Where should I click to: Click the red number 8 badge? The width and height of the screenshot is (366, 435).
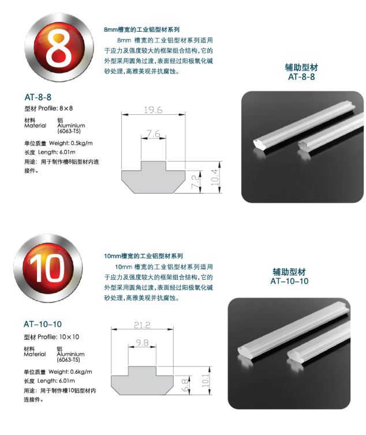coord(59,47)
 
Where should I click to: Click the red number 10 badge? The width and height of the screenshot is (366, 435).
coord(48,268)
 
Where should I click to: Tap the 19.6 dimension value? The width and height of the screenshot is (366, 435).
coord(153,110)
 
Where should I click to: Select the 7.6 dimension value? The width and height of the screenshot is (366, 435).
coord(154,134)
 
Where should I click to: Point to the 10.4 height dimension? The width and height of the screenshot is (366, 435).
coord(215,177)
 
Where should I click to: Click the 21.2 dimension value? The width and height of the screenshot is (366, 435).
coord(142,325)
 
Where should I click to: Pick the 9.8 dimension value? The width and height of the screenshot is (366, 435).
coord(142,343)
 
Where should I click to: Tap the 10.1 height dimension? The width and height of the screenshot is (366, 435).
coord(205,381)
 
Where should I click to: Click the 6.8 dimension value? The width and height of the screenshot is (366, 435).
coord(185,385)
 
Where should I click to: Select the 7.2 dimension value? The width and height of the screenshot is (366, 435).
coord(196,181)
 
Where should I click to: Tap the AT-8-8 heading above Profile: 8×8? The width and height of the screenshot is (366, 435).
coord(38,97)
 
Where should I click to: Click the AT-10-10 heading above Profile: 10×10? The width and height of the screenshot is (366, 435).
coord(43,324)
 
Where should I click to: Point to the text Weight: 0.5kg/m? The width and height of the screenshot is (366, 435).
coord(71,143)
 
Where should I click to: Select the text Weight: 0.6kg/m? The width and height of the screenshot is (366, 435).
coord(70,372)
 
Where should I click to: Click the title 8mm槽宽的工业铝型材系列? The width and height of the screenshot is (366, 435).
coord(141,29)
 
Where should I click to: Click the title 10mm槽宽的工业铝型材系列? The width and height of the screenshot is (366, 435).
coord(143,256)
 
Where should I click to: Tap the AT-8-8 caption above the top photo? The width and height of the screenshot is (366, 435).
coord(301,77)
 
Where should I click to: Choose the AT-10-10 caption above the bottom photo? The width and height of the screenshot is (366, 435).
coord(289,281)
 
